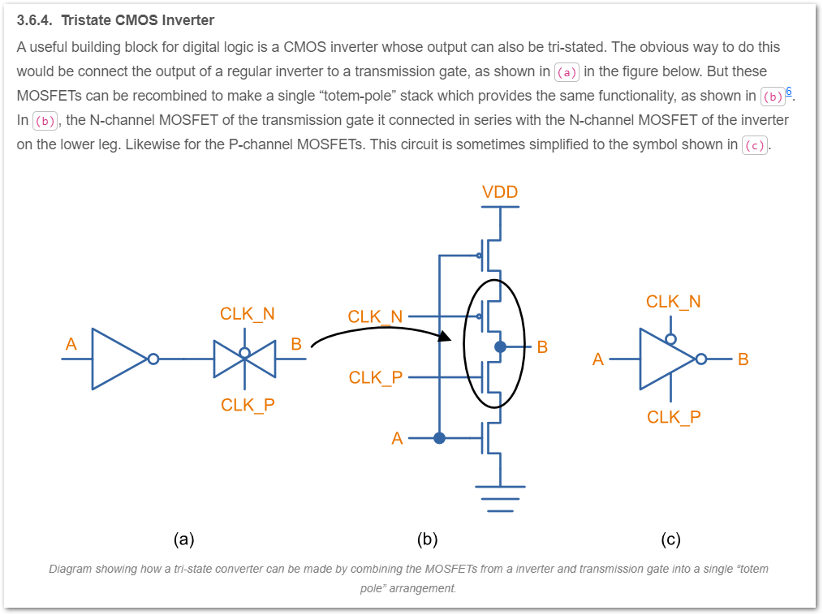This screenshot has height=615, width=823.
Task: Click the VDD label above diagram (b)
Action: [x=499, y=192]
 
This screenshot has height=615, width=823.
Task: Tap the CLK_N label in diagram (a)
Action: [x=247, y=314]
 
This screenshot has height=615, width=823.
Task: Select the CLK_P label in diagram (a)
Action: [x=248, y=405]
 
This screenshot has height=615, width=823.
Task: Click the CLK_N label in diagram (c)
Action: [x=673, y=302]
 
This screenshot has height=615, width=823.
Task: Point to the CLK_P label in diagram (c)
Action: [x=674, y=417]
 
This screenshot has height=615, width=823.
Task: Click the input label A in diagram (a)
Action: [x=71, y=344]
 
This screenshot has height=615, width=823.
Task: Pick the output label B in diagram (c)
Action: [x=743, y=359]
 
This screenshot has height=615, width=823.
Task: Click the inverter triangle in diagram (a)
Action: [x=118, y=359]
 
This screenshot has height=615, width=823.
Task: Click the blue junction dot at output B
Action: [x=500, y=346]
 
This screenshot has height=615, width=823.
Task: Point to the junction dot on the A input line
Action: [x=439, y=438]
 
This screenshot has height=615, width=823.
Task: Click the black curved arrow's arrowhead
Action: [x=444, y=335]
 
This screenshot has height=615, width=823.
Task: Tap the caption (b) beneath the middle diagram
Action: [x=427, y=539]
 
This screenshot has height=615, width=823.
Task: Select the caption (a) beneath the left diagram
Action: [x=183, y=539]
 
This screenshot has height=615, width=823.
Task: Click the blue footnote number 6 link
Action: [x=789, y=90]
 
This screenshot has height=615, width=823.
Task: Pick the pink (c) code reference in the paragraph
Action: [x=755, y=145]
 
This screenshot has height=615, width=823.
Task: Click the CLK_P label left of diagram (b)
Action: [x=376, y=377]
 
